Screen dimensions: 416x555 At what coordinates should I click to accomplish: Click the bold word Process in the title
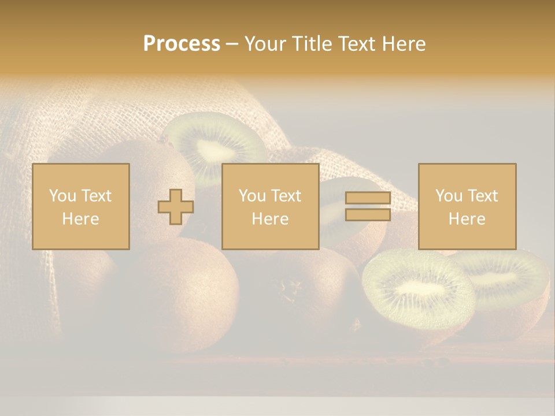182,44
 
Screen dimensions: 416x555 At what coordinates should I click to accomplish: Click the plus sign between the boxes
176,207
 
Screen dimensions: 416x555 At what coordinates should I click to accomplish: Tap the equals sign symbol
368,206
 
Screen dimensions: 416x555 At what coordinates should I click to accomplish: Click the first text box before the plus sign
81,206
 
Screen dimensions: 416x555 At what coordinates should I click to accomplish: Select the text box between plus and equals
270,206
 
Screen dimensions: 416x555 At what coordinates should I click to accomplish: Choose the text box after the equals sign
467,206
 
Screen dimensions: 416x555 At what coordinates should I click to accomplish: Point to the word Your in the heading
264,44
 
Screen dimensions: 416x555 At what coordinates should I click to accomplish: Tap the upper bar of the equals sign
368,198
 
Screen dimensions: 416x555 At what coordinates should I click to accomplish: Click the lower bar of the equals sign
368,214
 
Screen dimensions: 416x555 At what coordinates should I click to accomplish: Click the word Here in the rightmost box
467,218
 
